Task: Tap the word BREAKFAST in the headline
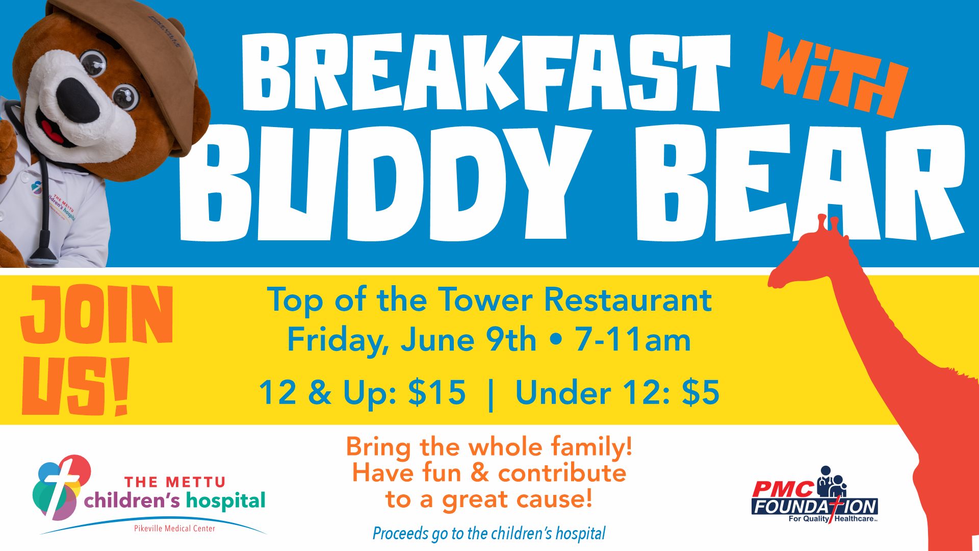click(x=486, y=72)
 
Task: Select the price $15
click(x=437, y=392)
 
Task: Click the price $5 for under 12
click(x=701, y=392)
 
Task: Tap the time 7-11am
click(x=633, y=340)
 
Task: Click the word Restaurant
click(x=628, y=299)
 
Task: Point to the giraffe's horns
click(x=827, y=224)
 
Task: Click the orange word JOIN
click(x=97, y=314)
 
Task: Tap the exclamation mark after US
click(x=120, y=386)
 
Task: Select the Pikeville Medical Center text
click(x=174, y=529)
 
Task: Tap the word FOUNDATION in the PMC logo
click(x=814, y=507)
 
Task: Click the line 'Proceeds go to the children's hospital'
click(x=489, y=534)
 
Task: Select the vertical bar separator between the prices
click(x=491, y=393)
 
